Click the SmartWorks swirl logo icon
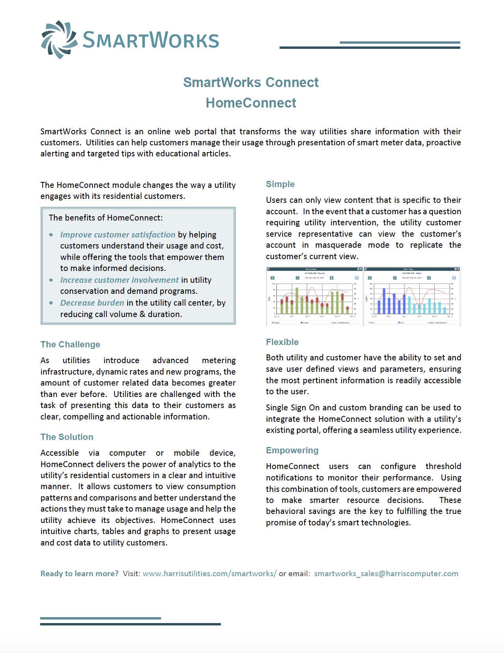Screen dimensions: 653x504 pos(59,40)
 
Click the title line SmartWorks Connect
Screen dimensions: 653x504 pos(251,82)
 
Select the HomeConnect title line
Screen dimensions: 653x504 pos(251,103)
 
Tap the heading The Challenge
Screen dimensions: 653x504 pos(70,345)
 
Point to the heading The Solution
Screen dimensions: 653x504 pos(67,437)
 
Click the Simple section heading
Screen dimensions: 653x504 pos(280,184)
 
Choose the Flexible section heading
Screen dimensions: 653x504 pos(282,342)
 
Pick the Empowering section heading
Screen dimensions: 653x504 pos(292,451)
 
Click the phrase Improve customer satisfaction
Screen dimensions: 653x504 pos(117,235)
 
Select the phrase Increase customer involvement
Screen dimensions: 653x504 pos(119,280)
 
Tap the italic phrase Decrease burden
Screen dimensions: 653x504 pos(92,303)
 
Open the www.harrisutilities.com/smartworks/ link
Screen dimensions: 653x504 pos(209,574)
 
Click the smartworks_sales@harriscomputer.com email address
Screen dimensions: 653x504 pos(386,574)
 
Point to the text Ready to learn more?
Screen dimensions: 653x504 pos(80,574)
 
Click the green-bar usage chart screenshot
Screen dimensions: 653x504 pos(314,297)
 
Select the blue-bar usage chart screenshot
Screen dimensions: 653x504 pos(412,297)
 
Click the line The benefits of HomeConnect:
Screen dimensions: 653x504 pos(106,218)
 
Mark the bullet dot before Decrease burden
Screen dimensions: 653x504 pos(51,303)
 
